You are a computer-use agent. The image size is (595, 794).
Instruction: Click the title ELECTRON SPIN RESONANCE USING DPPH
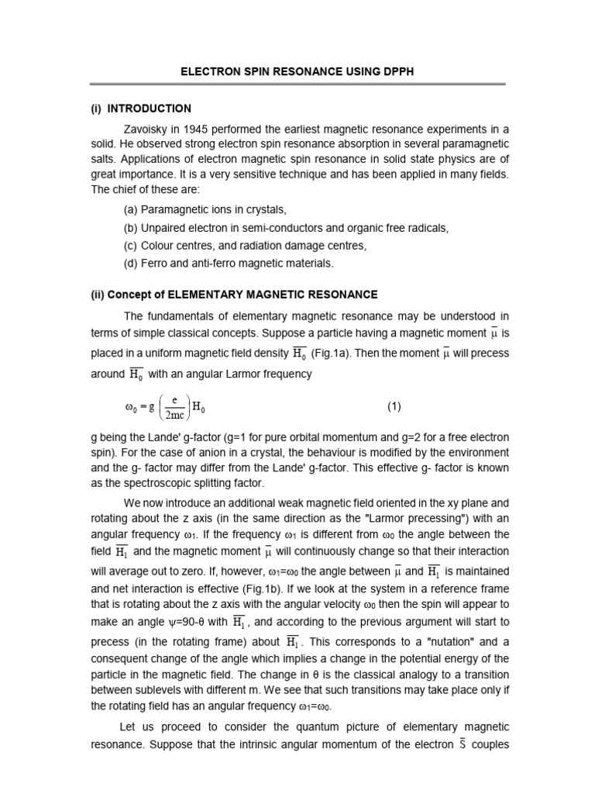coord(297,71)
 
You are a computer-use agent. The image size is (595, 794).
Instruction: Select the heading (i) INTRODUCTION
coord(141,109)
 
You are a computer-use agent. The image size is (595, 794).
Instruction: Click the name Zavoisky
coord(150,128)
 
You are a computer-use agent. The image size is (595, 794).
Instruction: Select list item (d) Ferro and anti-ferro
coord(228,263)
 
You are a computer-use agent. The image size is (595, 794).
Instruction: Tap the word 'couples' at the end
coord(487,744)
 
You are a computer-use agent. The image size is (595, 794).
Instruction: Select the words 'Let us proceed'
coord(156,727)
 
